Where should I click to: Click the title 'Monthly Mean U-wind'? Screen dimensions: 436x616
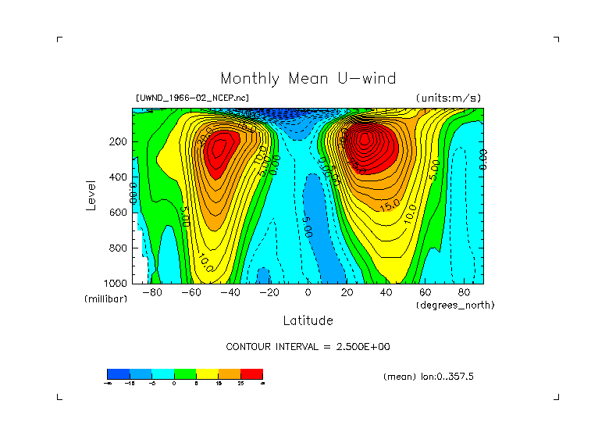point(308,78)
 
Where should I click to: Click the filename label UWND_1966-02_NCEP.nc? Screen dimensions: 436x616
point(192,98)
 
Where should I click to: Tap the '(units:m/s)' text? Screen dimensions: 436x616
point(448,98)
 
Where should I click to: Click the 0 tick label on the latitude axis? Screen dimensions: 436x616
point(308,293)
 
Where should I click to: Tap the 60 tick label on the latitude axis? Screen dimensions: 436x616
point(425,293)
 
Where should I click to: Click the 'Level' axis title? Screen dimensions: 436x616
point(91,194)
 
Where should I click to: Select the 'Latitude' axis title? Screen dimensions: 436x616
point(308,320)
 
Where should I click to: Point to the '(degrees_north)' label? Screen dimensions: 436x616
point(455,305)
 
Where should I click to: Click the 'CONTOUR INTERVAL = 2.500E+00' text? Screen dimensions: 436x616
point(308,346)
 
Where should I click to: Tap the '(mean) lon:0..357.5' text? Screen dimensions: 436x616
point(429,377)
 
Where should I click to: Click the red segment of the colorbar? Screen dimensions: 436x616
point(251,373)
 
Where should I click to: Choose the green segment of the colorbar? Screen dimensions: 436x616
point(184,373)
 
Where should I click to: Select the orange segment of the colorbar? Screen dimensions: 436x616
point(229,373)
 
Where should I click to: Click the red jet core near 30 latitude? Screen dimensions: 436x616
point(364,141)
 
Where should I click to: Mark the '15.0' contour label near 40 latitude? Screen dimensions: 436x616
point(390,205)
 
